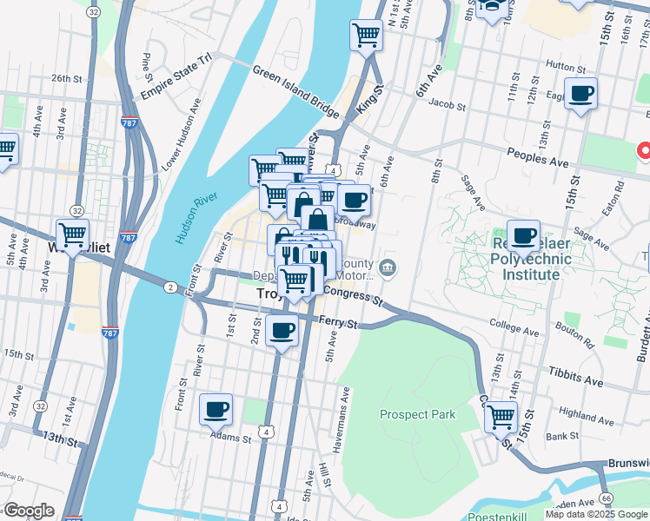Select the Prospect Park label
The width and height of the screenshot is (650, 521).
click(417, 414)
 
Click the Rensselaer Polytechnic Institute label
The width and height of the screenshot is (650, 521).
click(524, 259)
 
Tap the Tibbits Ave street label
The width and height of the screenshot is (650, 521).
click(574, 381)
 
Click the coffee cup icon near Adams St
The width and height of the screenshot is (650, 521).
click(216, 408)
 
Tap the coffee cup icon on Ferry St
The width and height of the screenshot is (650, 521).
click(282, 331)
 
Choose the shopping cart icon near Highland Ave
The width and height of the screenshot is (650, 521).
click(501, 417)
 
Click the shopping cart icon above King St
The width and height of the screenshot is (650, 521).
click(366, 36)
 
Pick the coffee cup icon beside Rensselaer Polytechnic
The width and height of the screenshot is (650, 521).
click(523, 235)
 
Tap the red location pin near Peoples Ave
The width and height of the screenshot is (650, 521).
click(645, 151)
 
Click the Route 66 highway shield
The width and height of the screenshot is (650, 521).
click(606, 498)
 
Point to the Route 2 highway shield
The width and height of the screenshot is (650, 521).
click(170, 287)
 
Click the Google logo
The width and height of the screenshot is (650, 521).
click(29, 511)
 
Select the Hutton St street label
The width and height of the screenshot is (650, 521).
click(566, 65)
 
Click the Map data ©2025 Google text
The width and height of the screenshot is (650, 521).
click(596, 514)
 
